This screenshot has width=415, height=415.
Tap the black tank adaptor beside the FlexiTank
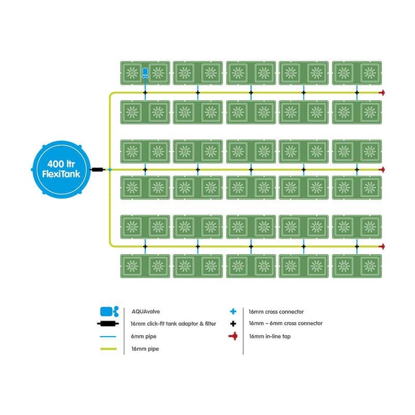coord(97,170)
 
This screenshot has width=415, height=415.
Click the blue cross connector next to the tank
coord(109,170)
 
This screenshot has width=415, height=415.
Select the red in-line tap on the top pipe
coord(382,93)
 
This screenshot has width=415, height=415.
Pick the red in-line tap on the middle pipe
coord(382,170)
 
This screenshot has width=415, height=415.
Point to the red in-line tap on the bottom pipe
coord(382,246)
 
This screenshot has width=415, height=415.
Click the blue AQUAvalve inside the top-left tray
coord(145,73)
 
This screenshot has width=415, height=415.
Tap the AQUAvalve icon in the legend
coord(109,312)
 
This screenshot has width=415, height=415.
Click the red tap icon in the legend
coord(233,336)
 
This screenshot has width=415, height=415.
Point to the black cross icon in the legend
coord(233,324)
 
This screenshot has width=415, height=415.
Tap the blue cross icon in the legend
coord(233,312)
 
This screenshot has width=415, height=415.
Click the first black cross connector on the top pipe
coord(145,93)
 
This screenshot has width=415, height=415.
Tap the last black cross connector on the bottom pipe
coord(356,246)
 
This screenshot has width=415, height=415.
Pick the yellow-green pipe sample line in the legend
coord(109,349)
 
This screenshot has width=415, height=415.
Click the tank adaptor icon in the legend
coord(109,324)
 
